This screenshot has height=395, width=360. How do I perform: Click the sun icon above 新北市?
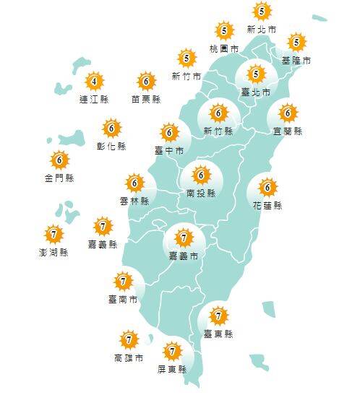tap(261, 11)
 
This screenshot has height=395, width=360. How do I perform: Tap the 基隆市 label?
tap(296, 60)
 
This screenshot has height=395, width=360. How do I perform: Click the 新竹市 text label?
tap(187, 77)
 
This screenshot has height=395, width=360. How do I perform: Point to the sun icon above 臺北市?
tap(255, 74)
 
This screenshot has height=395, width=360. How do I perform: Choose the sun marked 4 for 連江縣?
tap(93, 81)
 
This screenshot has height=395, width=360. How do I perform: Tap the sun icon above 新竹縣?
tap(218, 113)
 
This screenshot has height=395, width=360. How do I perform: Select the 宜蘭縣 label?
tap(288, 131)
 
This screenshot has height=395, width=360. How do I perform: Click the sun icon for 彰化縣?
tap(111, 129)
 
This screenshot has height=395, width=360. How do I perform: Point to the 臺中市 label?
tap(169, 150)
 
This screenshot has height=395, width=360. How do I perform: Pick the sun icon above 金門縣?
tap(59, 160)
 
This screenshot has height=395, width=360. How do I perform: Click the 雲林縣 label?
tap(134, 201)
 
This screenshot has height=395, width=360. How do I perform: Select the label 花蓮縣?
tap(268, 206)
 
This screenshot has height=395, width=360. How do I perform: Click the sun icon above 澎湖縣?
tap(53, 234)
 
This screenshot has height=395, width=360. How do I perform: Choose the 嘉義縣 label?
tap(103, 245)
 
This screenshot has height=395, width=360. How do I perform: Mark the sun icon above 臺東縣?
tap(218, 315)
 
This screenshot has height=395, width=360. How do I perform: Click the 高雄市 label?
tap(129, 357)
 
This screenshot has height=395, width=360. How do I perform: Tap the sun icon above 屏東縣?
tap(172, 352)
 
